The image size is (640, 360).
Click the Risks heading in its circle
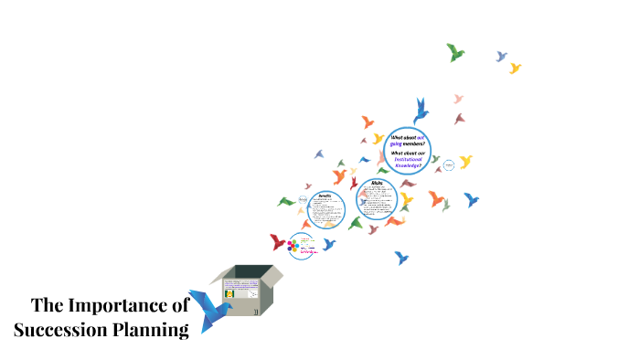pyautogui.click(x=375, y=183)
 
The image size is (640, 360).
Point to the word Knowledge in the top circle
pyautogui.click(x=407, y=164)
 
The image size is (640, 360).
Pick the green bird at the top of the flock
pyautogui.click(x=455, y=52)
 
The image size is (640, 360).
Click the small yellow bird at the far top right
pyautogui.click(x=515, y=68)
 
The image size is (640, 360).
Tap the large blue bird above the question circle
pyautogui.click(x=421, y=111)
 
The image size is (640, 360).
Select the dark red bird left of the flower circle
pyautogui.click(x=278, y=242)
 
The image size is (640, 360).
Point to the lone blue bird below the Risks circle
pyautogui.click(x=400, y=259)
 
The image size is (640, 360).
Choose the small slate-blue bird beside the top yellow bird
pyautogui.click(x=500, y=57)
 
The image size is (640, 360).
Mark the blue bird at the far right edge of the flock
pyautogui.click(x=471, y=199)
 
